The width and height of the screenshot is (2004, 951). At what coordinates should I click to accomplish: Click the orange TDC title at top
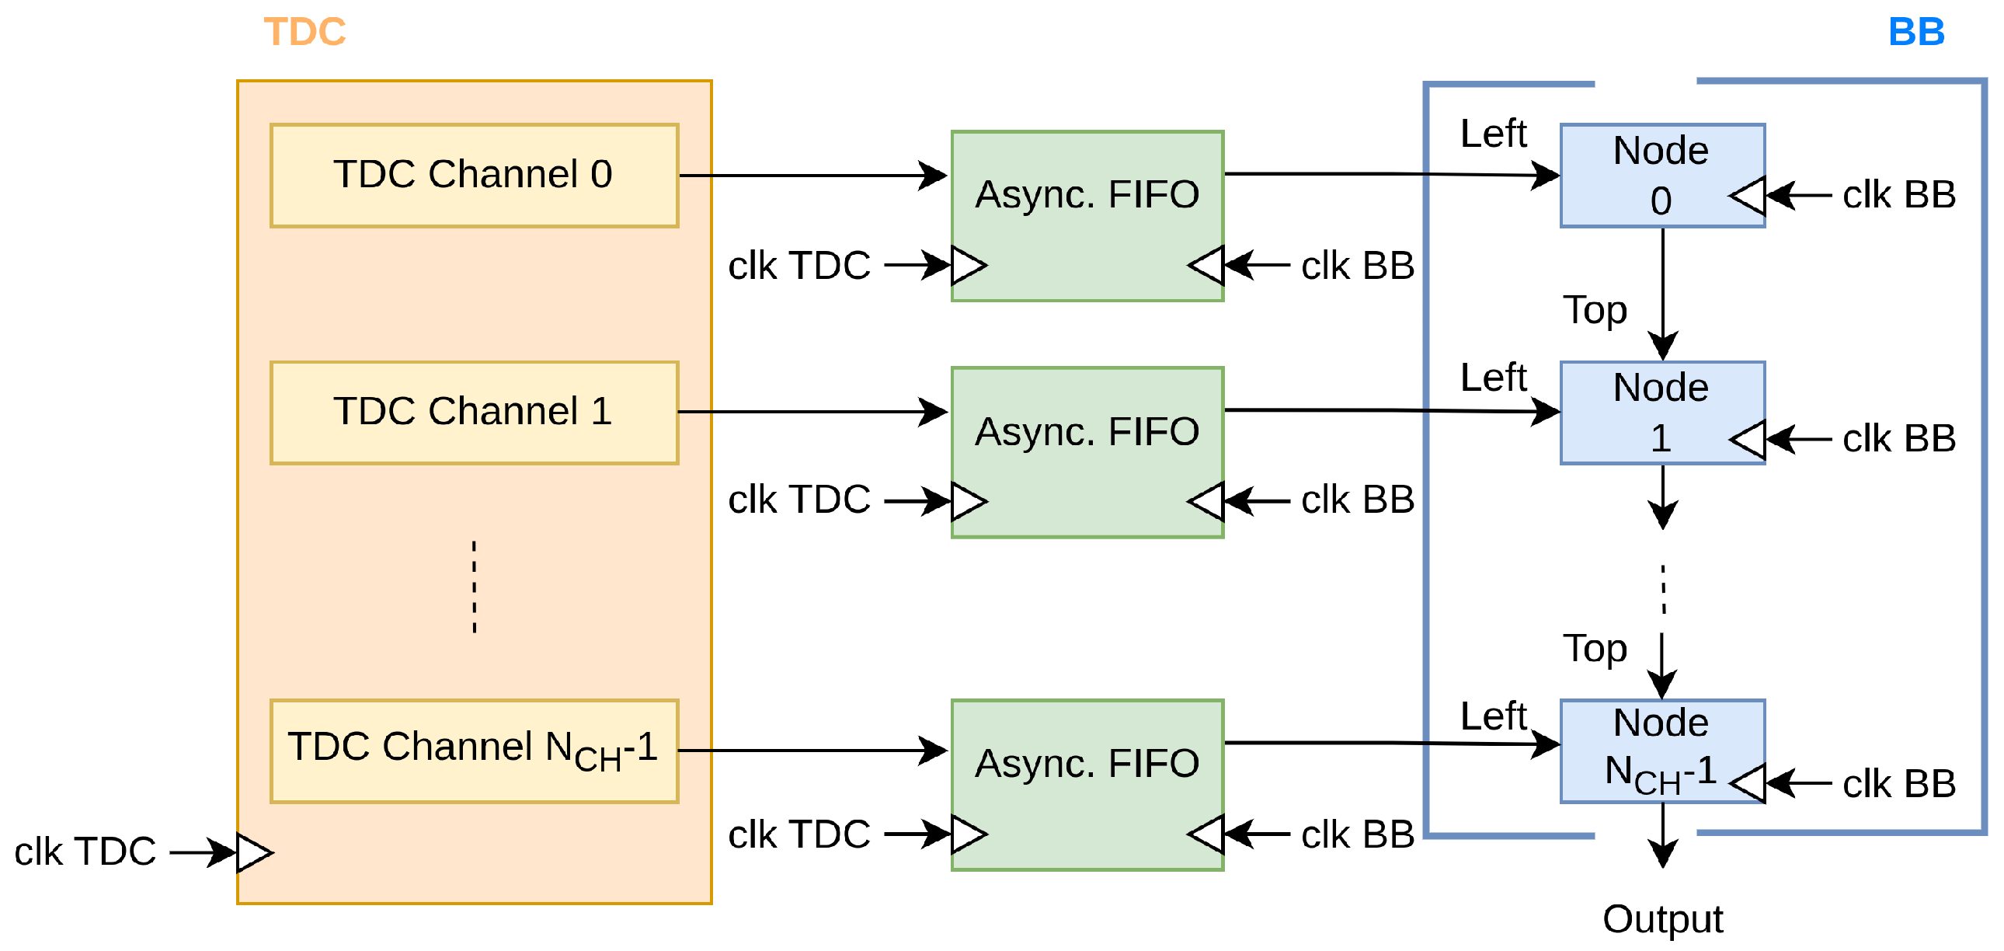click(304, 32)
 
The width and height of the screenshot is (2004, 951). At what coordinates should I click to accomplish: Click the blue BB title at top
click(1915, 32)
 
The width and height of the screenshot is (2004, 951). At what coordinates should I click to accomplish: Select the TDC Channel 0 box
click(474, 175)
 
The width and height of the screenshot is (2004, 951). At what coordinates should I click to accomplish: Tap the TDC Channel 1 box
click(474, 413)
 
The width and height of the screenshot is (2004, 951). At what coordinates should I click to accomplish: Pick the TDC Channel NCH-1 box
click(474, 751)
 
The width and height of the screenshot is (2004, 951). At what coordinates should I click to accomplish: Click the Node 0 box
click(1661, 175)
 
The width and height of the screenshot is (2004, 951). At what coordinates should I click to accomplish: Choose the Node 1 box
click(1661, 413)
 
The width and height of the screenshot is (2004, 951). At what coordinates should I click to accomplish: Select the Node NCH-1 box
click(1661, 751)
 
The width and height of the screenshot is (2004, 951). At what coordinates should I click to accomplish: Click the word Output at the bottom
click(1661, 919)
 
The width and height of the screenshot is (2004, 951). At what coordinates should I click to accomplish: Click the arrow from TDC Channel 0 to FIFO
click(813, 175)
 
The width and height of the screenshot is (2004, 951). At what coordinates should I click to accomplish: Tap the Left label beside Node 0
click(1493, 133)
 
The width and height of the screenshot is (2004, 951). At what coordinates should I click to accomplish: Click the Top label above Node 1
click(1594, 310)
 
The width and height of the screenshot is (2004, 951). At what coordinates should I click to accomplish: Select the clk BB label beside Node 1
click(1898, 439)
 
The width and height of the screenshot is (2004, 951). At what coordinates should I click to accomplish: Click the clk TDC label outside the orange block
click(85, 852)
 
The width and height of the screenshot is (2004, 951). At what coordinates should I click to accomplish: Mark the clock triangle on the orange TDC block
click(254, 852)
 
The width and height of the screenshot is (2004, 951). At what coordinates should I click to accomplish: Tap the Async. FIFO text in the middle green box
click(1087, 431)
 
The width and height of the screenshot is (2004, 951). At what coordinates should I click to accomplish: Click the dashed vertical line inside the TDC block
click(474, 587)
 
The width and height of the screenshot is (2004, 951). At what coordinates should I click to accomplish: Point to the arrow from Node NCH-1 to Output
click(1662, 834)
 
